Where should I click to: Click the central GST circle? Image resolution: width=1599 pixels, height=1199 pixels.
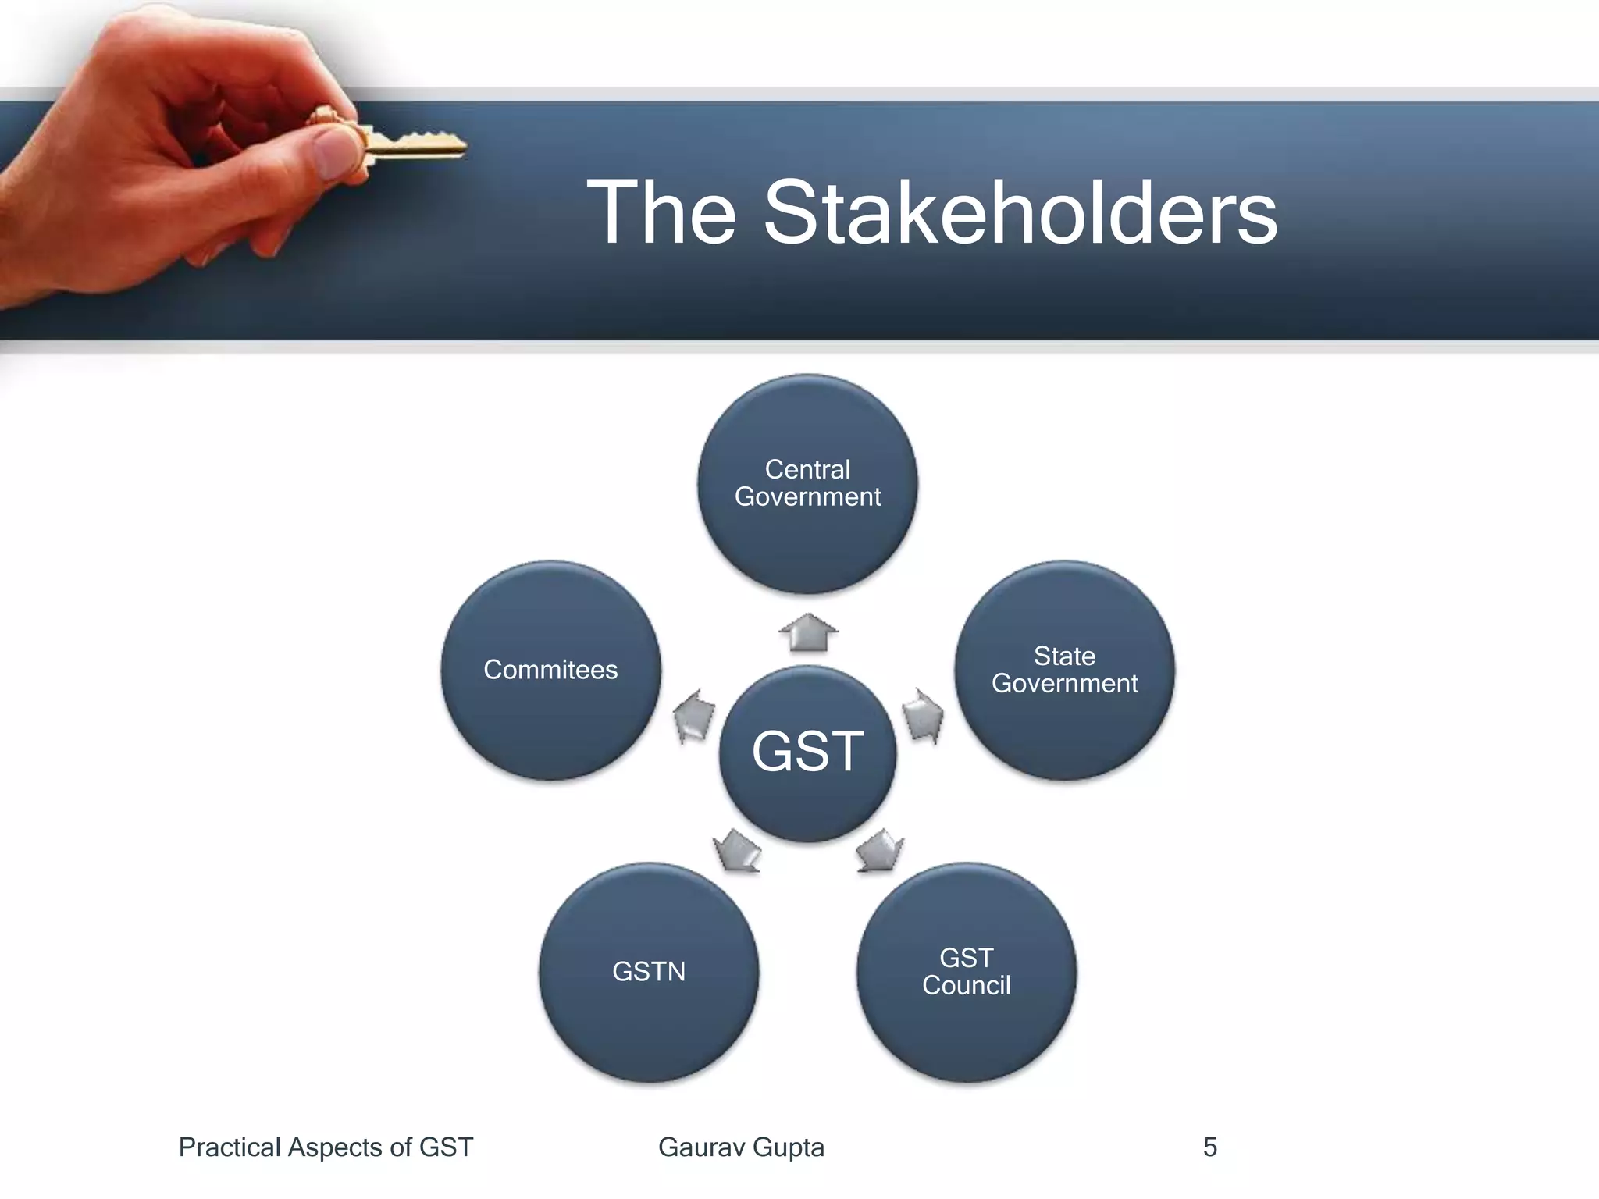pyautogui.click(x=807, y=753)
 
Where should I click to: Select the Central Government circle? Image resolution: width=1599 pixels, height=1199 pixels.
pyautogui.click(x=807, y=484)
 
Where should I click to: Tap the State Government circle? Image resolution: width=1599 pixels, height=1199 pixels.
pyautogui.click(x=1064, y=670)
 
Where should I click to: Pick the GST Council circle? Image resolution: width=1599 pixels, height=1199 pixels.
pyautogui.click(x=967, y=972)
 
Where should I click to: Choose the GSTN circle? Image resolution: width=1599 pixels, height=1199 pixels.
pyautogui.click(x=649, y=972)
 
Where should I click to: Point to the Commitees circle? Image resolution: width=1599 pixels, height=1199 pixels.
pyautogui.click(x=550, y=670)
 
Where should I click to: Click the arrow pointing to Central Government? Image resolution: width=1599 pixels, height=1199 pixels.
pyautogui.click(x=808, y=632)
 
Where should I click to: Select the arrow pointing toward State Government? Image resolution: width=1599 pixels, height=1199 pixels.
pyautogui.click(x=922, y=714)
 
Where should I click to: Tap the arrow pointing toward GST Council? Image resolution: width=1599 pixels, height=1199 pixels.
pyautogui.click(x=879, y=850)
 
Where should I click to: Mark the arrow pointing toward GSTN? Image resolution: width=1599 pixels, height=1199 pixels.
pyautogui.click(x=736, y=850)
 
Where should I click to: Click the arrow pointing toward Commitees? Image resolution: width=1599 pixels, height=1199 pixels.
pyautogui.click(x=693, y=714)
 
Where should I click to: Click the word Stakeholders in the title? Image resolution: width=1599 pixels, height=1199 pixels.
pyautogui.click(x=1020, y=213)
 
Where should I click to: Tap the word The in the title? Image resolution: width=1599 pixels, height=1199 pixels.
pyautogui.click(x=661, y=213)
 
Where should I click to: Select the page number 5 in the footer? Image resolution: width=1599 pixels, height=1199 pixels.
pyautogui.click(x=1209, y=1147)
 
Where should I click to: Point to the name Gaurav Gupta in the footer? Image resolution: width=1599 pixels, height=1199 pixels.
pyautogui.click(x=741, y=1147)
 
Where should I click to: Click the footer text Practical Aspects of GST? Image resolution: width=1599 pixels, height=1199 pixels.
pyautogui.click(x=326, y=1147)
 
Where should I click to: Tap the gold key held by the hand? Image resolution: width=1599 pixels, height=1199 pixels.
pyautogui.click(x=414, y=144)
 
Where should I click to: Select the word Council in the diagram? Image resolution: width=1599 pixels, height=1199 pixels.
pyautogui.click(x=967, y=986)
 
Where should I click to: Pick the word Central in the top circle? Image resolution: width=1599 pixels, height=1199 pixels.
pyautogui.click(x=807, y=469)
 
